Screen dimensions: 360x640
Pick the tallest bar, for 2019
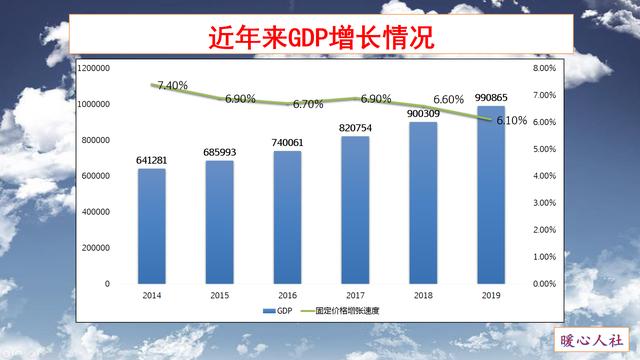click(x=491, y=194)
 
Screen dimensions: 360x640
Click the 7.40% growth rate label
click(x=171, y=86)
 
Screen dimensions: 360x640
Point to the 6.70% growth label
click(x=307, y=104)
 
